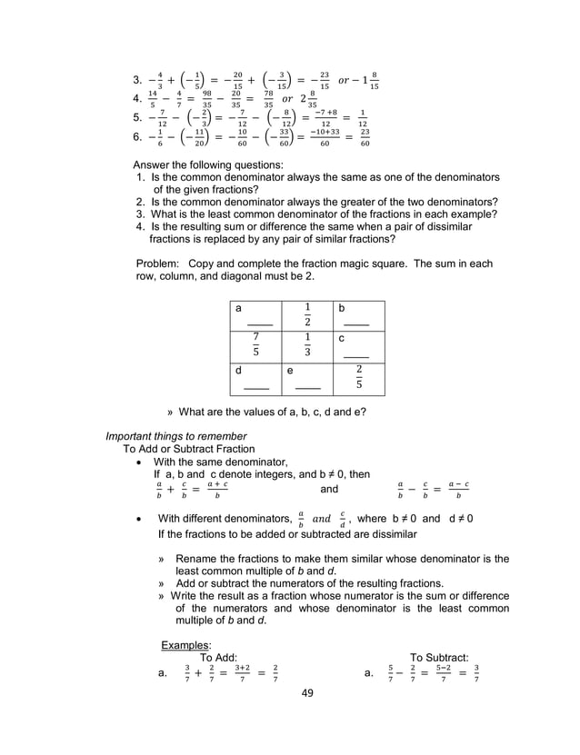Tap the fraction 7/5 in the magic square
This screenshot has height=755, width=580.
pos(255,346)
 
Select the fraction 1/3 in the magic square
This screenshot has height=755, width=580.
pos(307,346)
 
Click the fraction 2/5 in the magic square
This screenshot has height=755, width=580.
pos(358,376)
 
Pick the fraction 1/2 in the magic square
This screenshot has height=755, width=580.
pos(307,314)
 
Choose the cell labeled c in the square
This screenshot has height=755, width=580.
pos(358,346)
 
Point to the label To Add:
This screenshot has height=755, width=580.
pos(218,658)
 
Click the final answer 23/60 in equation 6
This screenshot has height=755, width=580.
pos(365,138)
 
